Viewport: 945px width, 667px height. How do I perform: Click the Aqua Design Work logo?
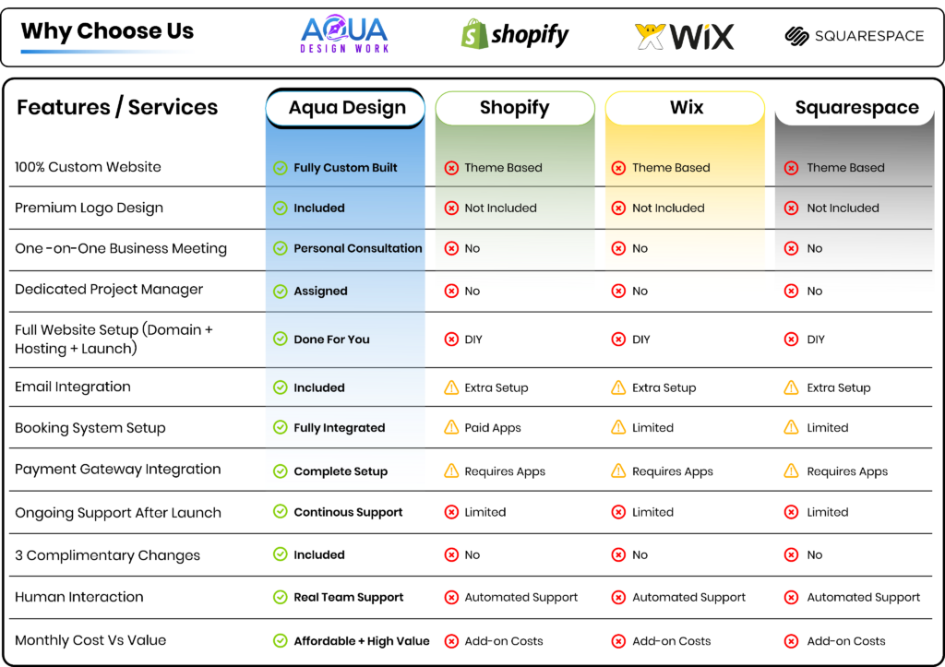point(345,35)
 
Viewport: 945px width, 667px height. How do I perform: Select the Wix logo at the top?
point(685,37)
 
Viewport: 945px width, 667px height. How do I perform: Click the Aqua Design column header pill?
point(346,108)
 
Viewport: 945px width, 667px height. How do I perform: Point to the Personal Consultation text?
point(357,248)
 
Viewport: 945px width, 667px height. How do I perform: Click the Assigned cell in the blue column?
point(320,292)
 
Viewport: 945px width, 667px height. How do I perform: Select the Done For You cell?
point(331,339)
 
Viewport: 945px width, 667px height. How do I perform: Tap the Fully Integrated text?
point(339,428)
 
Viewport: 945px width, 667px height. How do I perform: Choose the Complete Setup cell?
point(340,471)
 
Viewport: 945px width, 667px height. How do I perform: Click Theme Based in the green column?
point(503,168)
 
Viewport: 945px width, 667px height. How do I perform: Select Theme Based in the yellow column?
point(671,168)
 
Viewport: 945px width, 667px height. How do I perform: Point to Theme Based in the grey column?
point(845,168)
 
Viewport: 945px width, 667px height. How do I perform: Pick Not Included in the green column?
point(500,208)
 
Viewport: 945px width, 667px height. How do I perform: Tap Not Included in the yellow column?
point(668,208)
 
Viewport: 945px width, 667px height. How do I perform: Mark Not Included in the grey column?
point(843,208)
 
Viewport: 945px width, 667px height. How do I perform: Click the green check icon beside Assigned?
point(281,292)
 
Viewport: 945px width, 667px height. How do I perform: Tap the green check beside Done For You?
point(281,339)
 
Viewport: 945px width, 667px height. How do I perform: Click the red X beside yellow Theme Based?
point(619,168)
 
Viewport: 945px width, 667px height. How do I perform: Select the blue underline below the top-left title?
point(107,52)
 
